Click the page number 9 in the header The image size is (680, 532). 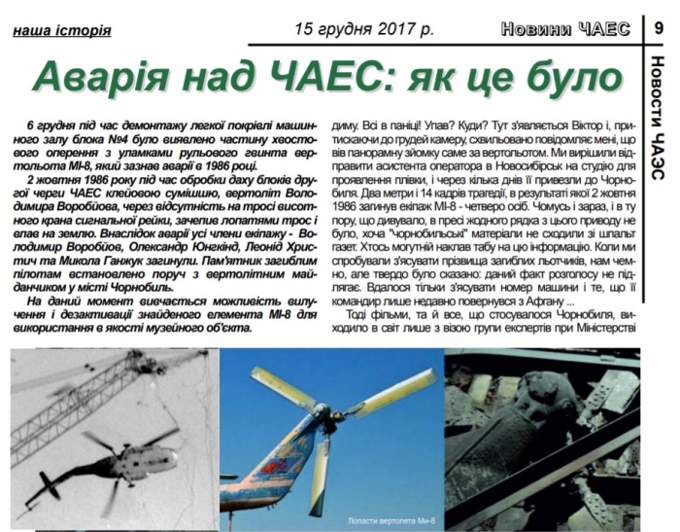[x=661, y=29]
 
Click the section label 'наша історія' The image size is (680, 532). [x=62, y=30]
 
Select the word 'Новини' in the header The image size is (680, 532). [x=536, y=29]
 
